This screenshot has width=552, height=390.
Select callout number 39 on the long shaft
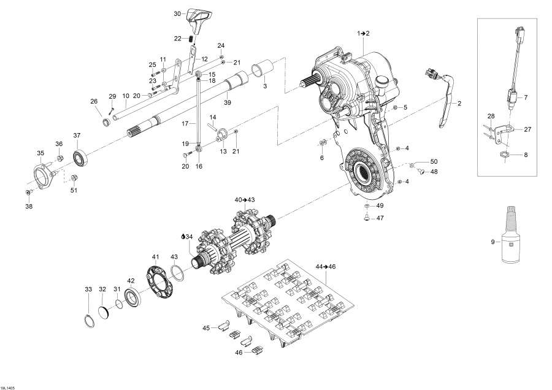coord(227,102)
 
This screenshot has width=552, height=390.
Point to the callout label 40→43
coord(245,200)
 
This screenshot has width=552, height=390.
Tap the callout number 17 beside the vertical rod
coord(184,124)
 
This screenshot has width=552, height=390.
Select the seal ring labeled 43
coord(175,269)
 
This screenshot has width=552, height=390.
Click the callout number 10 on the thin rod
coord(125,96)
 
